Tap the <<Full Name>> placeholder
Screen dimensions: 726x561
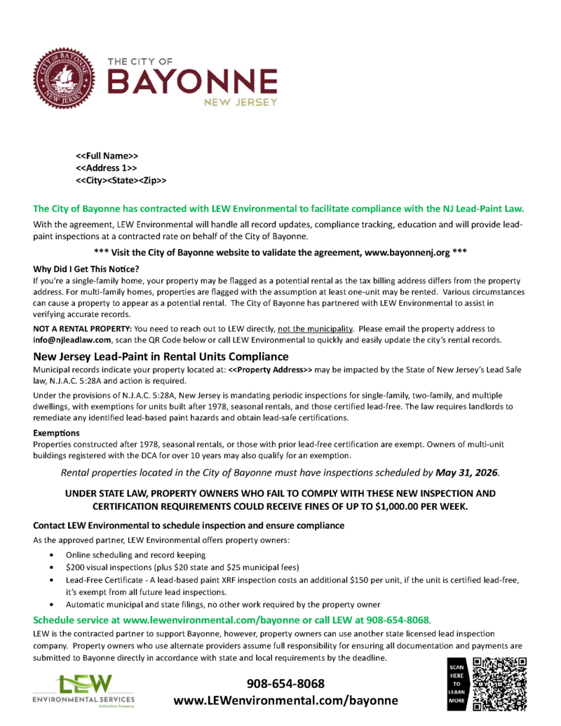(107, 155)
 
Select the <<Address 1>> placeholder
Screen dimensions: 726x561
(106, 168)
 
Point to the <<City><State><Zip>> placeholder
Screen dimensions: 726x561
(121, 180)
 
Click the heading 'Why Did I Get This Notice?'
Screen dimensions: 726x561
(86, 268)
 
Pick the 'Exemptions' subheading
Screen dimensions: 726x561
(56, 432)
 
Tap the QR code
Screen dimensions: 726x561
(500, 684)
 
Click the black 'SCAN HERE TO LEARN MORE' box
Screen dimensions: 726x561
(458, 683)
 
